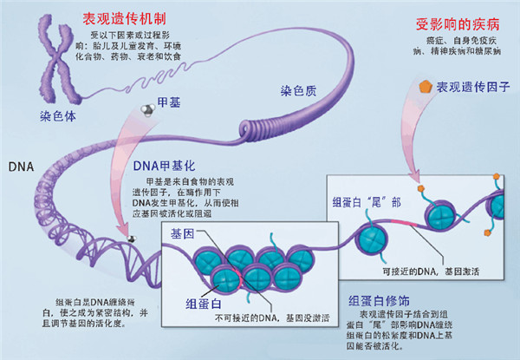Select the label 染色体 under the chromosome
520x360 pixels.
pyautogui.click(x=56, y=115)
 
